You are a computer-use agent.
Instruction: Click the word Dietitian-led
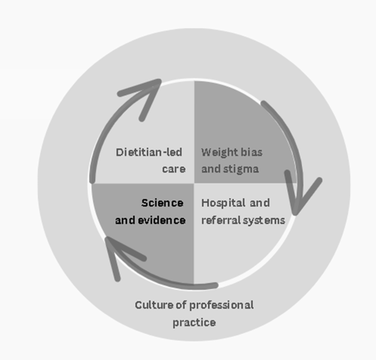(149, 151)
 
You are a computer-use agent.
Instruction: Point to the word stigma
(240, 168)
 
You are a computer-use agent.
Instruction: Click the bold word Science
(162, 203)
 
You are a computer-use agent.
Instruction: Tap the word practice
(194, 322)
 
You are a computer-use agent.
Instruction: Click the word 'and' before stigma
(210, 168)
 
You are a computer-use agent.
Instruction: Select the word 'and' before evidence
(125, 220)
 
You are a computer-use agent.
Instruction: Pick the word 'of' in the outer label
(181, 305)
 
